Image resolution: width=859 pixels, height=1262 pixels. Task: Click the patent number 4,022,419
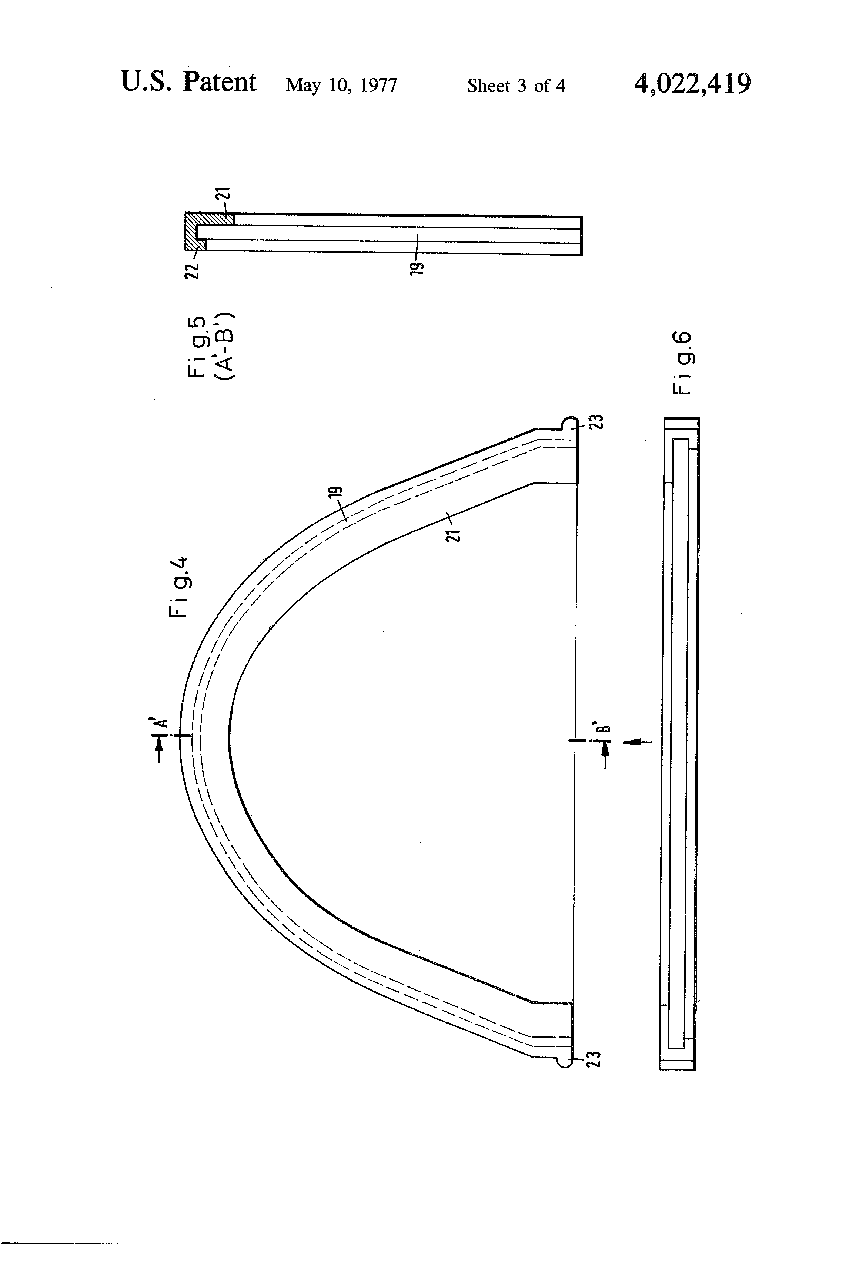[x=692, y=84]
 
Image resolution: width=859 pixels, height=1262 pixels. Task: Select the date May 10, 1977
[x=341, y=85]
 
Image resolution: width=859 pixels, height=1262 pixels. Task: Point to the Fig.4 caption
[x=179, y=587]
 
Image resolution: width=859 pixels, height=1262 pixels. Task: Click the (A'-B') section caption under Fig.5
[x=224, y=346]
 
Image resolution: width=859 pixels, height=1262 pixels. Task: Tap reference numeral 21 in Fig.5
[x=225, y=194]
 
